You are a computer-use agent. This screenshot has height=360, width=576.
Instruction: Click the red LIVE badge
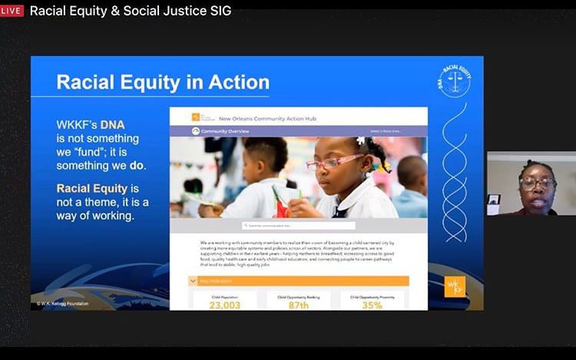coord(12,11)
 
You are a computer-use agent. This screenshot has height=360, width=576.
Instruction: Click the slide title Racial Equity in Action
coord(163,82)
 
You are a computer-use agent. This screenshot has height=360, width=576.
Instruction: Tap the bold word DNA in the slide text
coord(112,124)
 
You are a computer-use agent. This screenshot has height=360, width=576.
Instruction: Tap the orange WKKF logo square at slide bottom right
coord(454,285)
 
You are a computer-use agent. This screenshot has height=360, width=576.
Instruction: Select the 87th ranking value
coord(298,305)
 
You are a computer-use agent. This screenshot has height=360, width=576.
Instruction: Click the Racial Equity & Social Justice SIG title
coord(130,11)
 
